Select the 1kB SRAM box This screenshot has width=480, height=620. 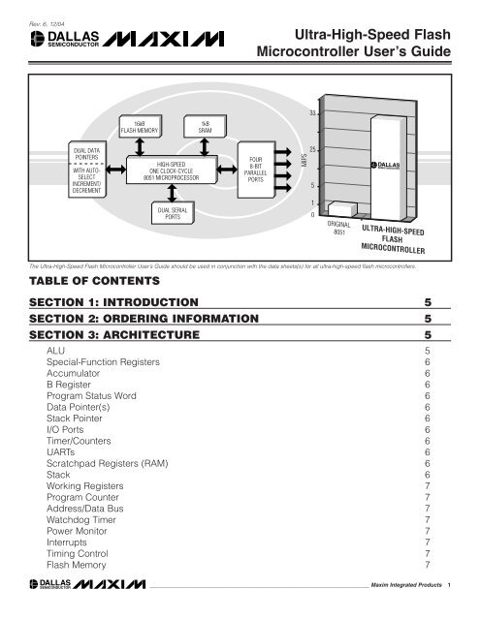pos(205,125)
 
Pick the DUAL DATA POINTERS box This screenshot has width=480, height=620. pos(80,170)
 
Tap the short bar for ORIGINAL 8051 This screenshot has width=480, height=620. pos(340,207)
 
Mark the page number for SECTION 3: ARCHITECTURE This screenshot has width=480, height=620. pos(428,334)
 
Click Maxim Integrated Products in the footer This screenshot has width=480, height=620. pos(406,586)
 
